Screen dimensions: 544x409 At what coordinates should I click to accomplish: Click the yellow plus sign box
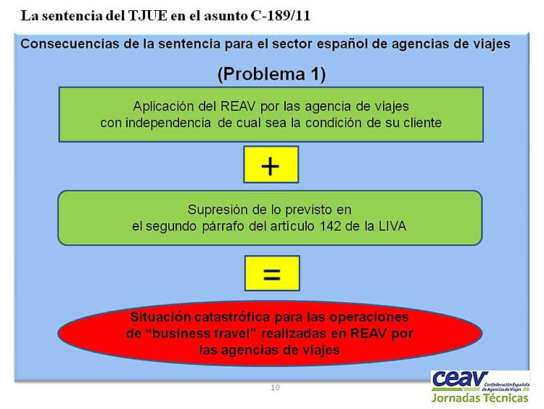[x=271, y=165]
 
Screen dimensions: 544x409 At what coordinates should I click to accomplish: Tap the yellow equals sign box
[x=272, y=273]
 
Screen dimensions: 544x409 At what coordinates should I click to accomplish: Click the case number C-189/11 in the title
[x=280, y=16]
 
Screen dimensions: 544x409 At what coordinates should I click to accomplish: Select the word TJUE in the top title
[x=148, y=16]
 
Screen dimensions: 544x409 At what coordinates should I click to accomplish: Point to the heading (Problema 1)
[x=272, y=74]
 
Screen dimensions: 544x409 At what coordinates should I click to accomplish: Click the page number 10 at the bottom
[x=275, y=387]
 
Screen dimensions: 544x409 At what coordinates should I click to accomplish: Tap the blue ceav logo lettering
[x=460, y=379]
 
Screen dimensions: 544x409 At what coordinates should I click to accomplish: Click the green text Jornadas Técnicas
[x=480, y=398]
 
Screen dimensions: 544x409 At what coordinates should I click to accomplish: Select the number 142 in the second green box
[x=331, y=226]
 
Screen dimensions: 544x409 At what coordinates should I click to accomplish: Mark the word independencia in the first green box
[x=168, y=123]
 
